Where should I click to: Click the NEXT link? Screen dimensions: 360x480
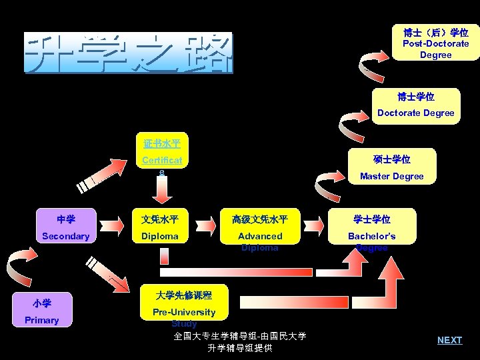click(x=449, y=340)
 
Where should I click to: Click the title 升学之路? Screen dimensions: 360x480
click(x=129, y=53)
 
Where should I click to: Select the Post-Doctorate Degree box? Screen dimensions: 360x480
click(x=435, y=43)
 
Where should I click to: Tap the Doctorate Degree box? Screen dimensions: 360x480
click(x=416, y=105)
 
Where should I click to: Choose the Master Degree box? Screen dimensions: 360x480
click(x=391, y=167)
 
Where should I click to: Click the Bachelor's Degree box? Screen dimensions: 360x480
click(x=371, y=228)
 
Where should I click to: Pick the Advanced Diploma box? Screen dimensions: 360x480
click(x=260, y=228)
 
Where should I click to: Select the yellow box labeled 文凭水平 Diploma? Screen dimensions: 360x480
click(x=160, y=228)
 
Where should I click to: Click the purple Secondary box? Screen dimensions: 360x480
click(x=65, y=228)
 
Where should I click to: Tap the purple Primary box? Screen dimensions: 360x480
click(x=41, y=311)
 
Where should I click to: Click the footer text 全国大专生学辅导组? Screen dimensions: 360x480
click(x=240, y=337)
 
